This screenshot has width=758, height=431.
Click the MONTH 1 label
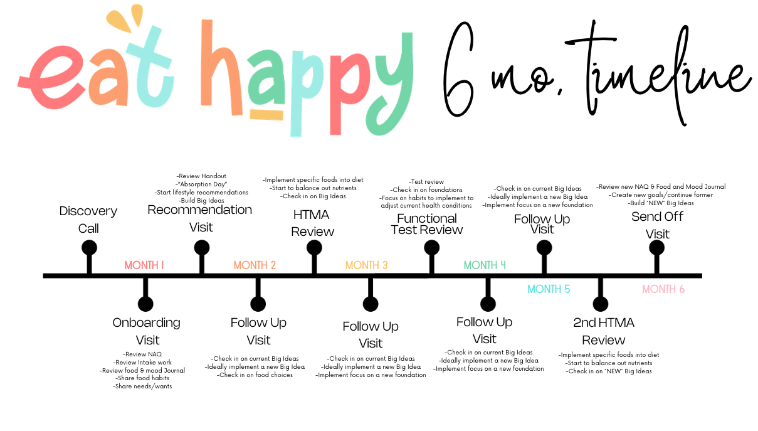pyautogui.click(x=144, y=265)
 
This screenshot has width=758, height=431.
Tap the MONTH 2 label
pyautogui.click(x=255, y=265)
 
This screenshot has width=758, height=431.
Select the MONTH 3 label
pyautogui.click(x=367, y=265)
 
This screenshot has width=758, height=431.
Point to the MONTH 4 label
pyautogui.click(x=485, y=265)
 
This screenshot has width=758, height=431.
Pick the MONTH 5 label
pyautogui.click(x=549, y=289)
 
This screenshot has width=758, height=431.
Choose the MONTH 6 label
pyautogui.click(x=663, y=289)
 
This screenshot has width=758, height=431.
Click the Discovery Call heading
pyautogui.click(x=88, y=220)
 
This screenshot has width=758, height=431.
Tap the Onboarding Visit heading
pyautogui.click(x=147, y=331)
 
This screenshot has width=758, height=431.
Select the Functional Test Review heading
pyautogui.click(x=427, y=224)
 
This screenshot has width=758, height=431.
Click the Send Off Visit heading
pyautogui.click(x=657, y=225)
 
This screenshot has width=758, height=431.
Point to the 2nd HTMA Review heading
pyautogui.click(x=604, y=331)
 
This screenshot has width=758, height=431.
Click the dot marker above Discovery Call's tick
pyautogui.click(x=89, y=247)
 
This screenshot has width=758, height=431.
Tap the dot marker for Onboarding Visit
pyautogui.click(x=145, y=304)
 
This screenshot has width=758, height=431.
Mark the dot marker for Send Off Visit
pyautogui.click(x=656, y=247)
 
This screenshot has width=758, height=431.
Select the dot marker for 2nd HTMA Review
pyautogui.click(x=601, y=304)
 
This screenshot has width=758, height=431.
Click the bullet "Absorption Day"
pyautogui.click(x=201, y=184)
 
